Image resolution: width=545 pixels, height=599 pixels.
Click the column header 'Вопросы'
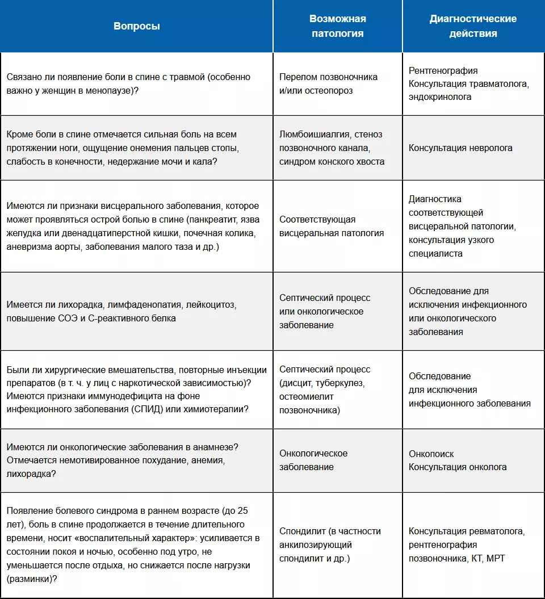point(136,26)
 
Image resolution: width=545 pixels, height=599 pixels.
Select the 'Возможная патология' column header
point(337,26)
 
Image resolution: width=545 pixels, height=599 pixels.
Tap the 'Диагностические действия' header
point(473,26)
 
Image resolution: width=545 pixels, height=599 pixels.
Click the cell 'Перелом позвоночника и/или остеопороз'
point(328,83)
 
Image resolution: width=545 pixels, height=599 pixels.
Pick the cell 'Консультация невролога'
point(460,148)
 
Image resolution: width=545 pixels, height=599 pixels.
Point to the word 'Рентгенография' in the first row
point(443,70)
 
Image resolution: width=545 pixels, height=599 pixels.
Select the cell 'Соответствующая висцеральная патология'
point(332,226)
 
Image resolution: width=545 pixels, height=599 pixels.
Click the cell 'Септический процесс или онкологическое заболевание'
point(325,312)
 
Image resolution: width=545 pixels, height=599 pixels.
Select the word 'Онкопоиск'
point(431,454)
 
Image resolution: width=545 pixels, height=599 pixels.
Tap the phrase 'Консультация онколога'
point(458,467)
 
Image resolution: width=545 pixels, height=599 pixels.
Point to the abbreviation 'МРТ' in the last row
point(496,559)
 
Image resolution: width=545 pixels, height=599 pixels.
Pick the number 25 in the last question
point(242,510)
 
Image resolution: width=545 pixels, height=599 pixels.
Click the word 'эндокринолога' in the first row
point(440,97)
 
